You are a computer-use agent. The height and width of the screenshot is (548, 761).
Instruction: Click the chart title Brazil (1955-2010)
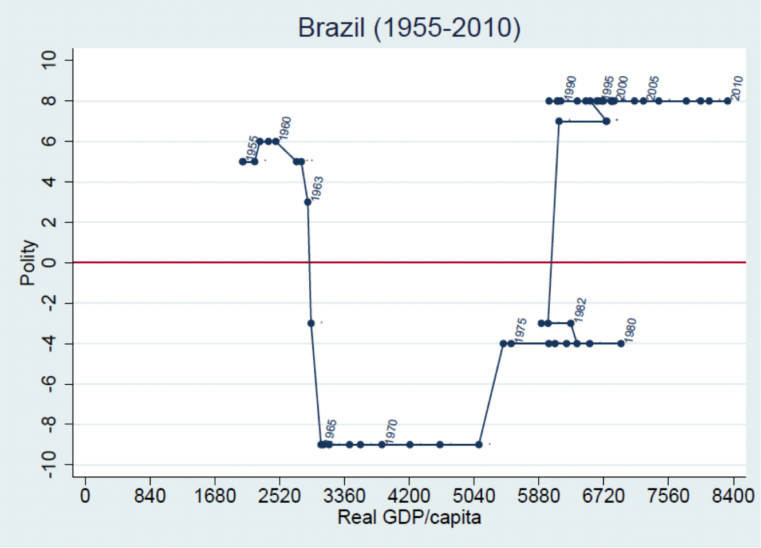(409, 27)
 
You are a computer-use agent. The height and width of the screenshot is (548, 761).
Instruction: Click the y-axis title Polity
(29, 263)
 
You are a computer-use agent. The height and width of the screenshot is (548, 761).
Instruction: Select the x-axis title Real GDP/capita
(409, 518)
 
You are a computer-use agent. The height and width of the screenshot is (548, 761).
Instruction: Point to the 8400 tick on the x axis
(733, 495)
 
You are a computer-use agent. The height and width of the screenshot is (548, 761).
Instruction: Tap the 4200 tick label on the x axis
(409, 495)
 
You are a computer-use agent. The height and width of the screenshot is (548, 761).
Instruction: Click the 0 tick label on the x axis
(85, 495)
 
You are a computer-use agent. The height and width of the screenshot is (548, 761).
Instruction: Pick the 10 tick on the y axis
(49, 60)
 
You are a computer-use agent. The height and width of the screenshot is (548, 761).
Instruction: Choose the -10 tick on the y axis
(49, 464)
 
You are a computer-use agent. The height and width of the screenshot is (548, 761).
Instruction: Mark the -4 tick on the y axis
(49, 344)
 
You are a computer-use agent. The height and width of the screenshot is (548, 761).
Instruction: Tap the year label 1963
(317, 188)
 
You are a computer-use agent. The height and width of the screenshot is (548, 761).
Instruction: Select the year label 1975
(520, 330)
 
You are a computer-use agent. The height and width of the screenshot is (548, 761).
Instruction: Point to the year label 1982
(579, 310)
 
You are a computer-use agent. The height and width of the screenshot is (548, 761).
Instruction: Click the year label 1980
(630, 330)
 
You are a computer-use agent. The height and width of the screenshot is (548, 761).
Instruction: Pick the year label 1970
(391, 431)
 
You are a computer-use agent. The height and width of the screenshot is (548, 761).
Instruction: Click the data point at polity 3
(308, 202)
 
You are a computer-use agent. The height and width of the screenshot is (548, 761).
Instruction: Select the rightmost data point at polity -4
(621, 344)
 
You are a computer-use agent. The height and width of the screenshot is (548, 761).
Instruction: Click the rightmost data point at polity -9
(479, 444)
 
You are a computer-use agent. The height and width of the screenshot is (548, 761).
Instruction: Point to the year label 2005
(653, 88)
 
